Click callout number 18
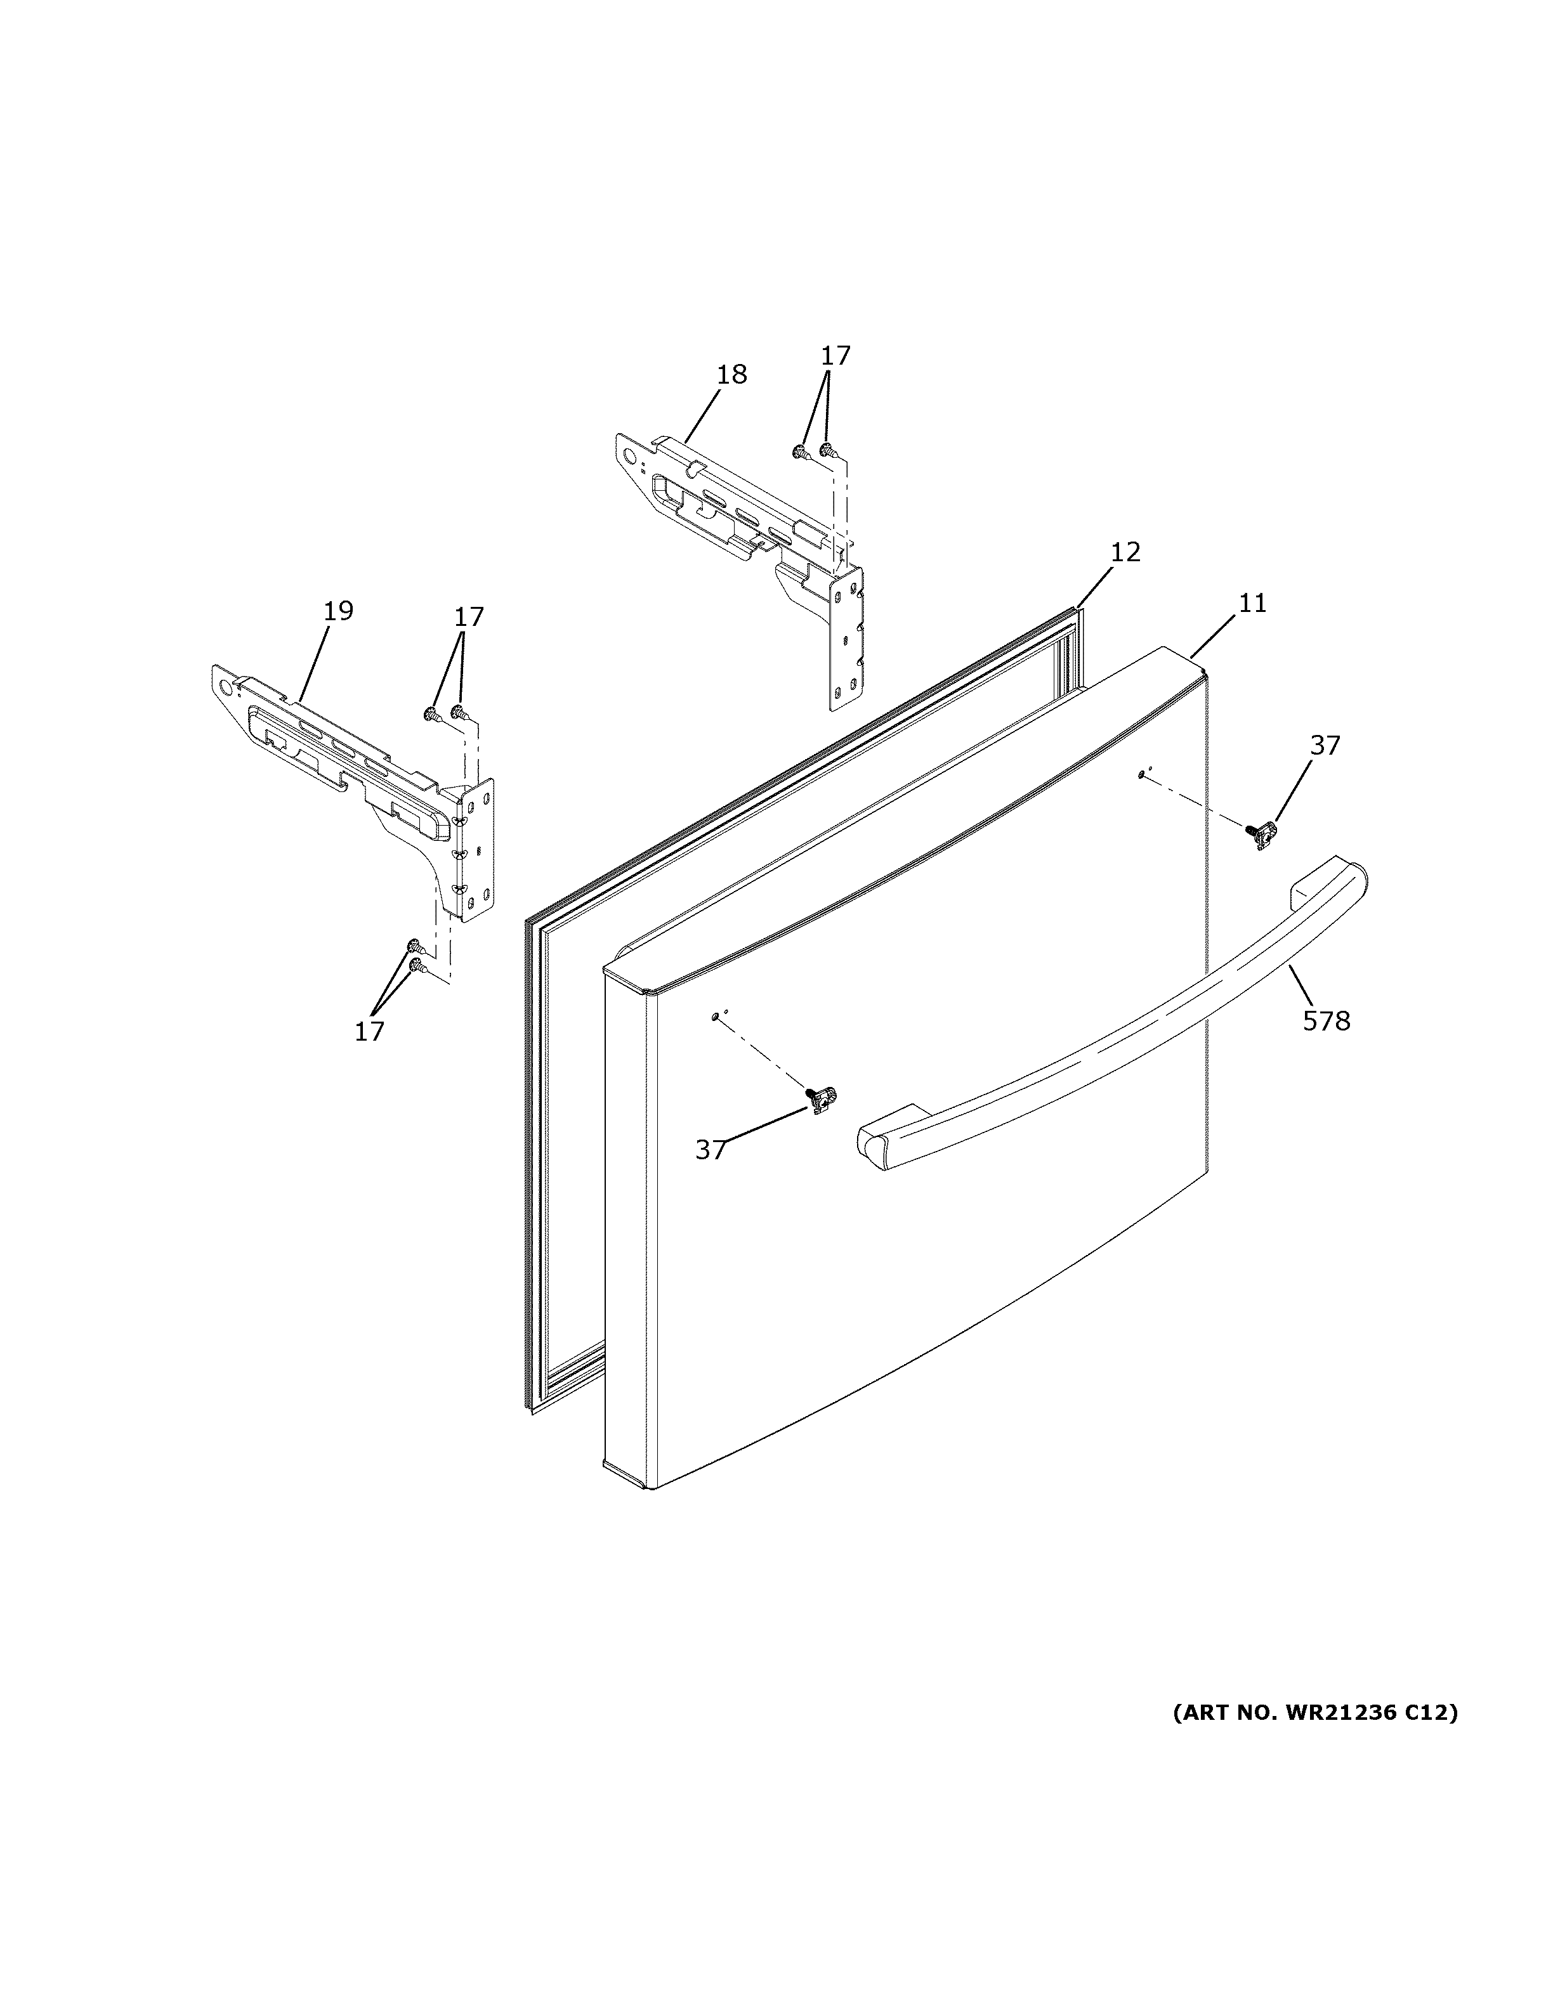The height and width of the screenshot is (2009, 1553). tap(732, 375)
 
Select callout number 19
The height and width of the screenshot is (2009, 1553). tap(339, 611)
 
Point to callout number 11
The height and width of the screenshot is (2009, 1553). tap(1252, 604)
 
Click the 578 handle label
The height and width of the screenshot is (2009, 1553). tap(1326, 1020)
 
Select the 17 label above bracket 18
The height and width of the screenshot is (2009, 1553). tap(835, 355)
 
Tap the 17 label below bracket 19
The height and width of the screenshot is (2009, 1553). tap(369, 1032)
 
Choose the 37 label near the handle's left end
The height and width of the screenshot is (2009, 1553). tap(711, 1150)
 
